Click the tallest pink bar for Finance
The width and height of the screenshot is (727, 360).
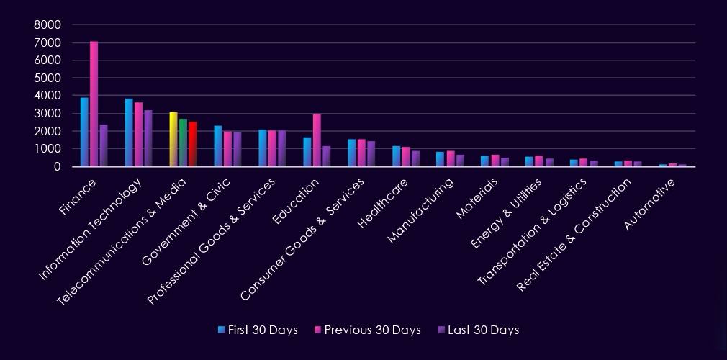point(94,104)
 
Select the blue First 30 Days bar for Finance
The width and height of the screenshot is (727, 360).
point(84,132)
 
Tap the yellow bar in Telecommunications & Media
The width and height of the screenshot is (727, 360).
point(173,140)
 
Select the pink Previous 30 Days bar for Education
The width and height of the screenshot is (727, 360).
point(317,140)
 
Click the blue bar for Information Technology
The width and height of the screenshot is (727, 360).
point(129,132)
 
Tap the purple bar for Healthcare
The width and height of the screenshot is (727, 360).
point(415,158)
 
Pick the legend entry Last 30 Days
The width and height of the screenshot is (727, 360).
point(478,330)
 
